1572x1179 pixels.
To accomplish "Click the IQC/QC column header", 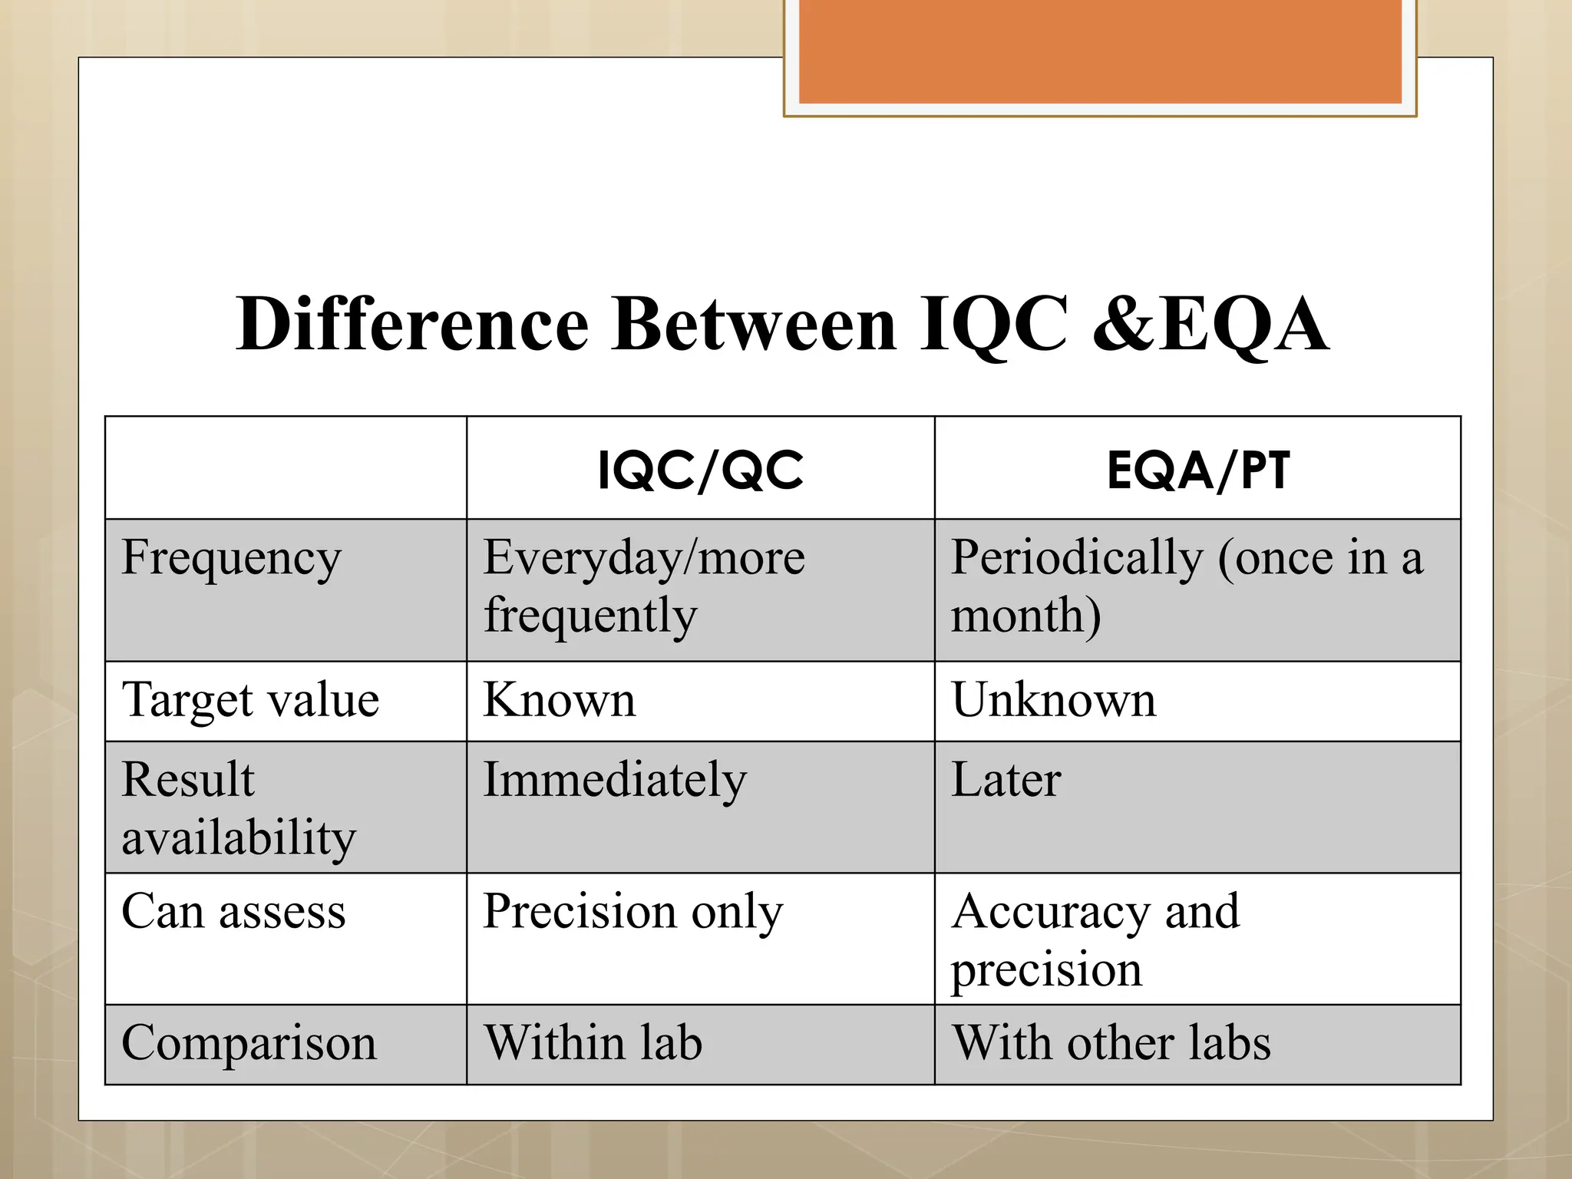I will point(700,470).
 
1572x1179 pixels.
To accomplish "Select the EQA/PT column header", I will point(1197,470).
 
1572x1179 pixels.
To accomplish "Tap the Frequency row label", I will point(231,558).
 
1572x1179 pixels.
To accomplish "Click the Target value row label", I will point(250,700).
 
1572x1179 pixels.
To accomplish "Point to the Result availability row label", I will point(238,807).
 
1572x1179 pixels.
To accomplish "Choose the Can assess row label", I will point(233,912).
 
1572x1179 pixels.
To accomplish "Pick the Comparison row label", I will point(249,1043).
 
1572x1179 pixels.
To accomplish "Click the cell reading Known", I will point(560,700).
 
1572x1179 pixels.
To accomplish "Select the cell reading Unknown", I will point(1053,700).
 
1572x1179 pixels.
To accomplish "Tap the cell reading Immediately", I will point(614,780).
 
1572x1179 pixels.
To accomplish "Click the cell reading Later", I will point(1006,780).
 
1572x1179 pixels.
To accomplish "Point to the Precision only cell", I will point(632,912).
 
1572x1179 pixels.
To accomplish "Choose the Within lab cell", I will point(593,1043).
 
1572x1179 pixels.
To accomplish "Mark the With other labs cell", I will point(1111,1043).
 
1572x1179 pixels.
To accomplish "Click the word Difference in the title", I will point(412,325).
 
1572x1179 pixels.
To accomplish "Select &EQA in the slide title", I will point(1210,325).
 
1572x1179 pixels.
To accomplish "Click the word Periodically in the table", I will point(1077,558).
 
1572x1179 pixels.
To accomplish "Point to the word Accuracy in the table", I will point(1051,912).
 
